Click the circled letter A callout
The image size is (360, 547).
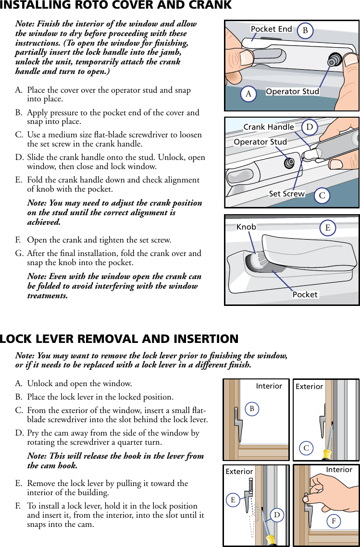click(x=248, y=94)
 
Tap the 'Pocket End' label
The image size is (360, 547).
click(x=271, y=29)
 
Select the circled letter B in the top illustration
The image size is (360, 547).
click(x=305, y=31)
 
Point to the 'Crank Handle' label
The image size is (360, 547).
click(x=269, y=127)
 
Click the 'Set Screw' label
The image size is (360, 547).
click(x=286, y=194)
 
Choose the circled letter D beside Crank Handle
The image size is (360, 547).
click(x=310, y=127)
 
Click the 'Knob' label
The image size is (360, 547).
click(x=246, y=227)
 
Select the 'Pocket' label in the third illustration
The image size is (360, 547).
click(x=305, y=294)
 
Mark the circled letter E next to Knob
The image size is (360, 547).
click(x=328, y=228)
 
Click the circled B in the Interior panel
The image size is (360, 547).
click(x=251, y=409)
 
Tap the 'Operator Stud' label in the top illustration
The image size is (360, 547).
click(x=292, y=92)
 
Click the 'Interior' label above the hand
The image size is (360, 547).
click(x=339, y=470)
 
